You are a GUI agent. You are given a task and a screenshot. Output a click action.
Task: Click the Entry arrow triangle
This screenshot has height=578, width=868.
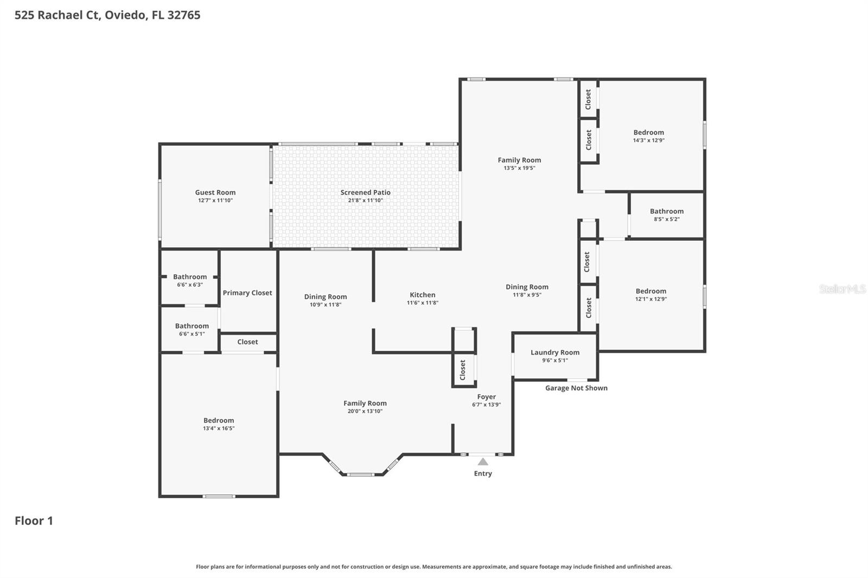tap(482, 461)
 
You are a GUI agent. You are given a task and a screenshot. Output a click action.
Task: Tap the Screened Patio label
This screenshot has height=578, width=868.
tap(366, 192)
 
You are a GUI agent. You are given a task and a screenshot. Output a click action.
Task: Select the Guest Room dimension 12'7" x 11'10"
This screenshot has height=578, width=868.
tap(215, 200)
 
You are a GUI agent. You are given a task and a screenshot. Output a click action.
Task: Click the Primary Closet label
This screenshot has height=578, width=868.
tap(247, 293)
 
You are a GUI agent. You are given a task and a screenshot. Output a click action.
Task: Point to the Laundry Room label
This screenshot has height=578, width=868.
tap(555, 352)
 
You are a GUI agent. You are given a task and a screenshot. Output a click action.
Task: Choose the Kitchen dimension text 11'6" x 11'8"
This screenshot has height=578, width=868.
tap(423, 303)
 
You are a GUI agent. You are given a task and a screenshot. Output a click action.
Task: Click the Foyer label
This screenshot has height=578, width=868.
tap(486, 397)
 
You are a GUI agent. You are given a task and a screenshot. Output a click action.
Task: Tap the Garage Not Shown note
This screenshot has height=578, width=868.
tap(576, 388)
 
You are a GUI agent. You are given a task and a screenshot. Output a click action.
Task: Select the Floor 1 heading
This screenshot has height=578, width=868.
tap(34, 521)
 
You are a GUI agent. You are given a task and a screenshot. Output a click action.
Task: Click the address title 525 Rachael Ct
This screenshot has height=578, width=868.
tap(58, 15)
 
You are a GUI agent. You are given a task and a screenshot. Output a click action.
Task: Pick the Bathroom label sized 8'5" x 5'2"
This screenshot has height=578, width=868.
tap(667, 211)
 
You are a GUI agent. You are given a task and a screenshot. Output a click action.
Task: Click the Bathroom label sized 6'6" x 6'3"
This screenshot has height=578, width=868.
tap(190, 277)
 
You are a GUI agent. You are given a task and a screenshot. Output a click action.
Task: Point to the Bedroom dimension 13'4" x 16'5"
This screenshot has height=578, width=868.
tap(219, 428)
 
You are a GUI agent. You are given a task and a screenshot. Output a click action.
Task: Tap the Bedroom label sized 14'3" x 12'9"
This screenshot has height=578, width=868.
tap(649, 132)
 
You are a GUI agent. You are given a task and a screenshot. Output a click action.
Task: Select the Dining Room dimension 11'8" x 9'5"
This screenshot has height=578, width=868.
tap(527, 295)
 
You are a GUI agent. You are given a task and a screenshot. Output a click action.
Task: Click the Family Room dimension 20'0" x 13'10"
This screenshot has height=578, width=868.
tap(365, 411)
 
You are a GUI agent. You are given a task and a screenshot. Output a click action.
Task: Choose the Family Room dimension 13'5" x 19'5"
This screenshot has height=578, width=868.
tap(519, 168)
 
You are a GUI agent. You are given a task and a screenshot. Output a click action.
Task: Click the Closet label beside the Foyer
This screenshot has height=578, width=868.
tap(462, 370)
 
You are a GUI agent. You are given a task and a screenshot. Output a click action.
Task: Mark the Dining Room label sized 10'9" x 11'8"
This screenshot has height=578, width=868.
tap(325, 297)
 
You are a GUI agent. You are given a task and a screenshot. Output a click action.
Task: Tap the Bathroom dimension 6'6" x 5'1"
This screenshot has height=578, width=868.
tap(192, 333)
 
